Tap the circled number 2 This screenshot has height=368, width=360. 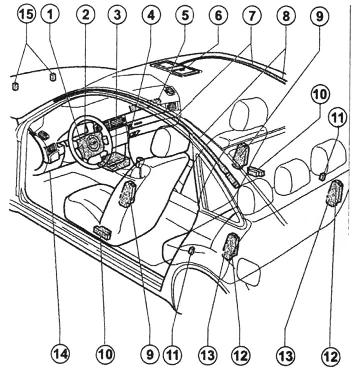[85, 16]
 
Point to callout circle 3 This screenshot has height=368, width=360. [116, 16]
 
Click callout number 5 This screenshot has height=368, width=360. [184, 16]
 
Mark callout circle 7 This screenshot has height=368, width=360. [250, 16]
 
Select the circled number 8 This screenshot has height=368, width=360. [285, 16]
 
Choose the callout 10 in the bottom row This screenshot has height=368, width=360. [104, 354]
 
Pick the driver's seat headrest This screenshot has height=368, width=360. [167, 141]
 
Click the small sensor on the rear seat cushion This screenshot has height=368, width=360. [191, 250]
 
